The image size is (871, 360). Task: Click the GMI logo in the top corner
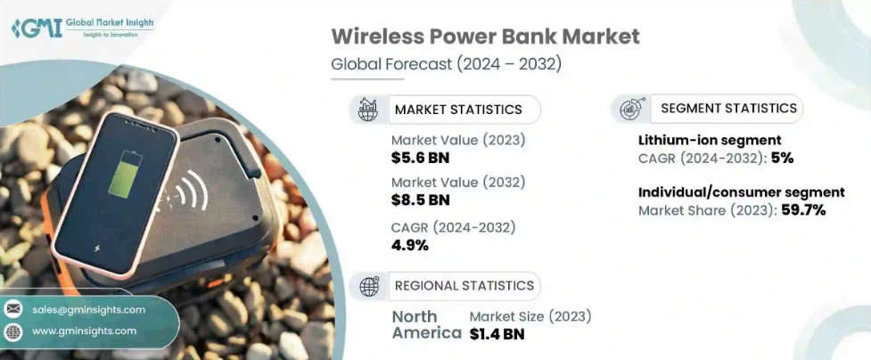pyautogui.click(x=37, y=27)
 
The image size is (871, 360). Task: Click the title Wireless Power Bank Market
pyautogui.click(x=485, y=37)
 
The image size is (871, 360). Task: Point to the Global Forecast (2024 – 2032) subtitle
pyautogui.click(x=446, y=63)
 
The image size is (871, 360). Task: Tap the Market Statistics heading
pyautogui.click(x=458, y=110)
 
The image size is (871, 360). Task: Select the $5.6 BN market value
pyautogui.click(x=420, y=158)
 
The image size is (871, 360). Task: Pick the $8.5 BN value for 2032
pyautogui.click(x=420, y=200)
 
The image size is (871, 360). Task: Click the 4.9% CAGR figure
pyautogui.click(x=410, y=245)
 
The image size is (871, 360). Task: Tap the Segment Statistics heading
pyautogui.click(x=728, y=108)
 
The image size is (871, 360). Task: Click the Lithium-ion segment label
pyautogui.click(x=710, y=140)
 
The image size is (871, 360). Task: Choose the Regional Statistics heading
pyautogui.click(x=464, y=286)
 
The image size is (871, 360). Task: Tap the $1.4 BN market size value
pyautogui.click(x=497, y=334)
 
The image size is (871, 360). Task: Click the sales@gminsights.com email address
pyautogui.click(x=88, y=309)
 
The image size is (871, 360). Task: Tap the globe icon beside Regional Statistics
pyautogui.click(x=369, y=286)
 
